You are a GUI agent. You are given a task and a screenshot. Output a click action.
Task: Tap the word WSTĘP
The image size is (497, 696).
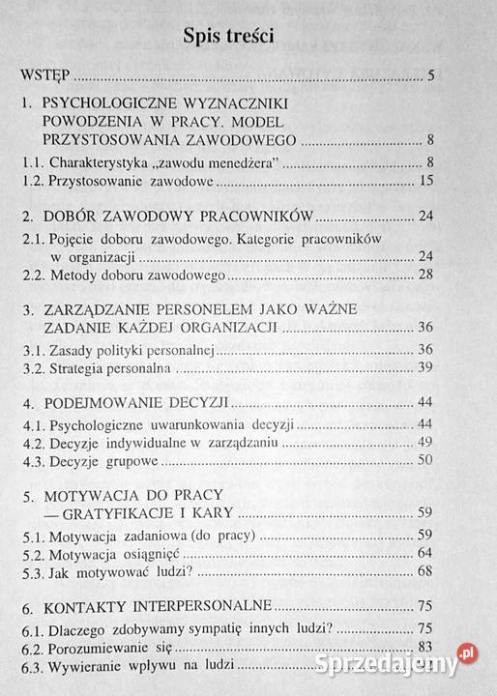48,74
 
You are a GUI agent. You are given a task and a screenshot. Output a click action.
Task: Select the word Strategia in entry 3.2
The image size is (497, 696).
80,368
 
